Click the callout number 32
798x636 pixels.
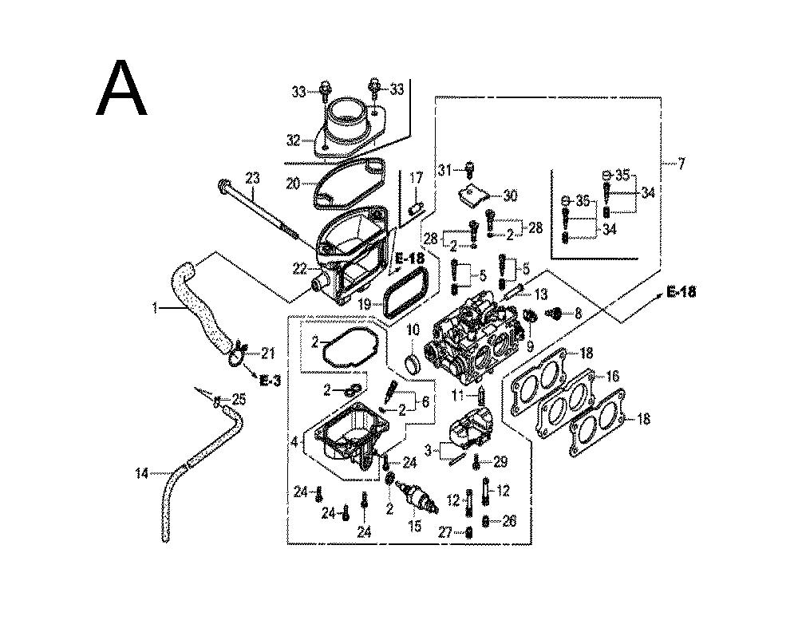(294, 140)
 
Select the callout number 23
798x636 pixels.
(253, 177)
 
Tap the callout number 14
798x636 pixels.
(141, 474)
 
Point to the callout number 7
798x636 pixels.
(681, 164)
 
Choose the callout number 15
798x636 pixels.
(414, 526)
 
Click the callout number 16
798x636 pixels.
(613, 376)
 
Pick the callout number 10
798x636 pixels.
(413, 330)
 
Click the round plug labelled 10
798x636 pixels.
(413, 364)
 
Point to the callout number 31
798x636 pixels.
(444, 168)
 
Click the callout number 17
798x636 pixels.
(415, 177)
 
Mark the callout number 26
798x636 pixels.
(509, 521)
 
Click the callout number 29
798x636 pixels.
(500, 462)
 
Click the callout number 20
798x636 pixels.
(293, 184)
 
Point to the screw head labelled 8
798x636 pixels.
(554, 314)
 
